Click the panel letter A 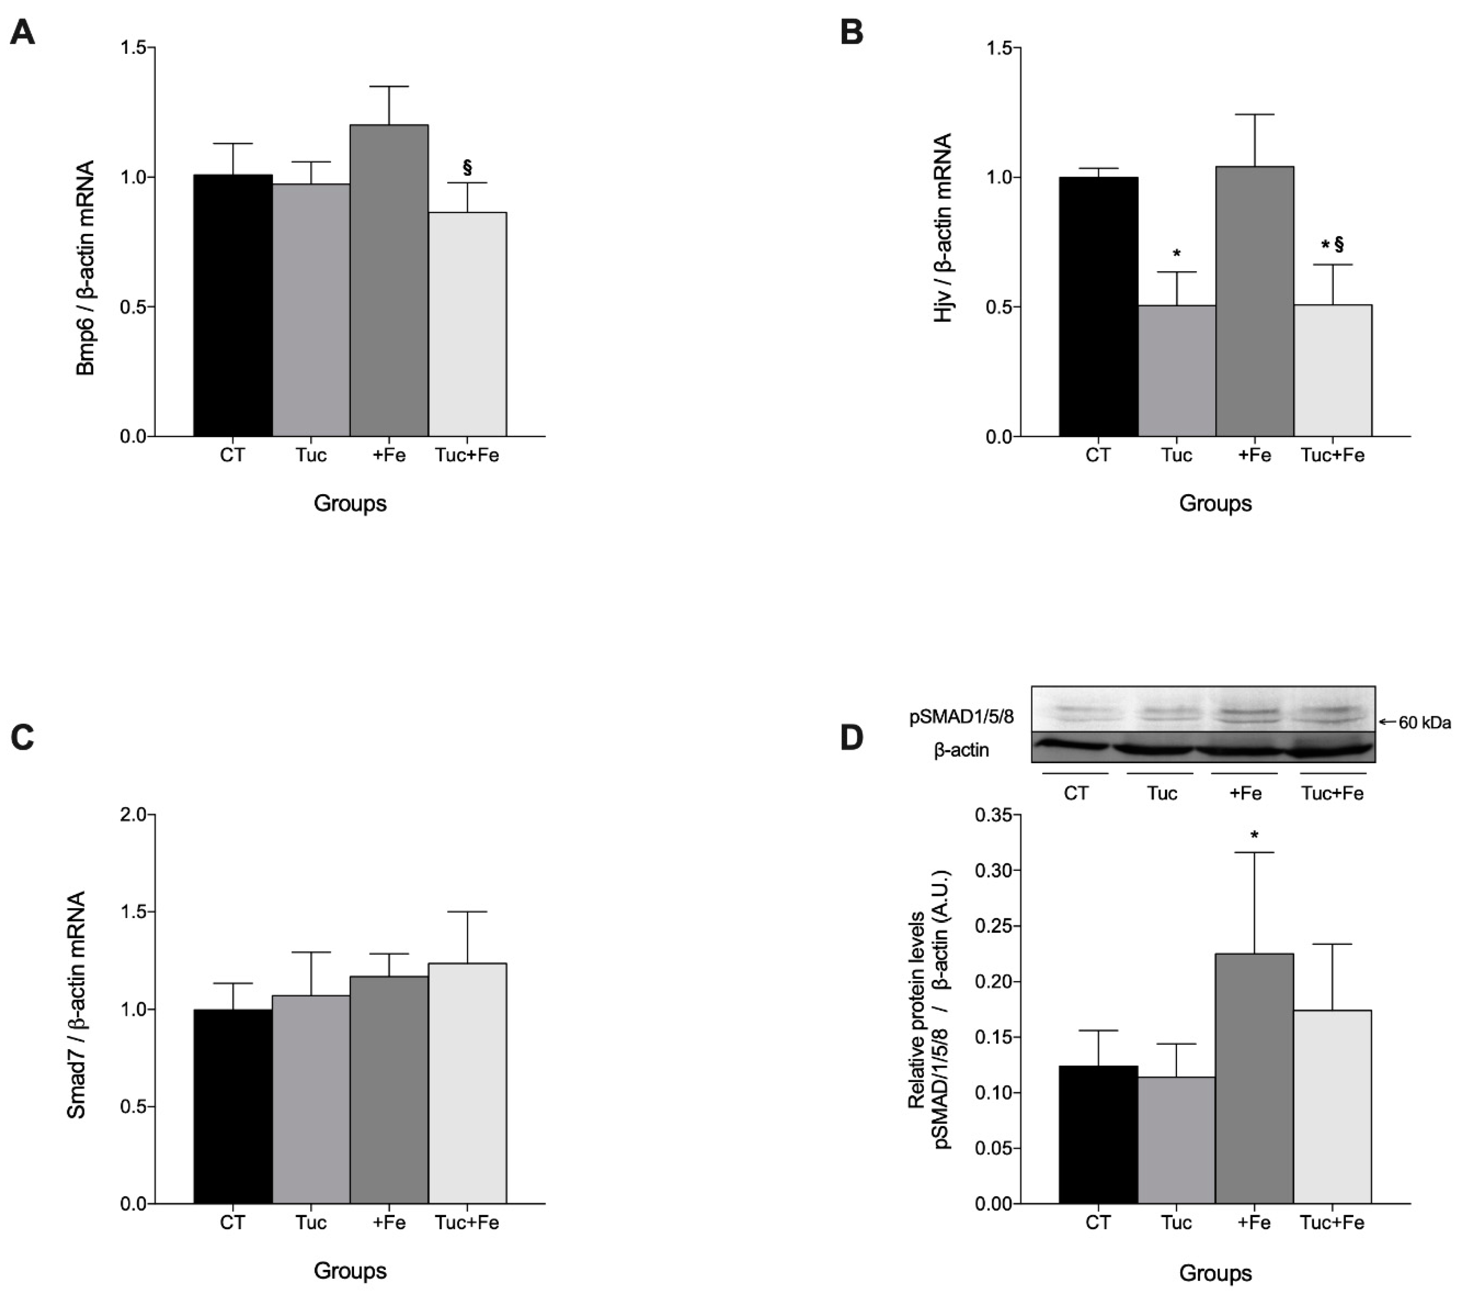22,33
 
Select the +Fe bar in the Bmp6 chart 389,281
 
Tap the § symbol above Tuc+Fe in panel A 467,168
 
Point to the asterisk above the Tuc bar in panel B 1177,253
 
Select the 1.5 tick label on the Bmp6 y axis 134,48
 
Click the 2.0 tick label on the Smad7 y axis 134,815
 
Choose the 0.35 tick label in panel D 993,815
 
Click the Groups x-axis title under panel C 350,1271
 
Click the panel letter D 852,737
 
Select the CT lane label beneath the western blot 1076,793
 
